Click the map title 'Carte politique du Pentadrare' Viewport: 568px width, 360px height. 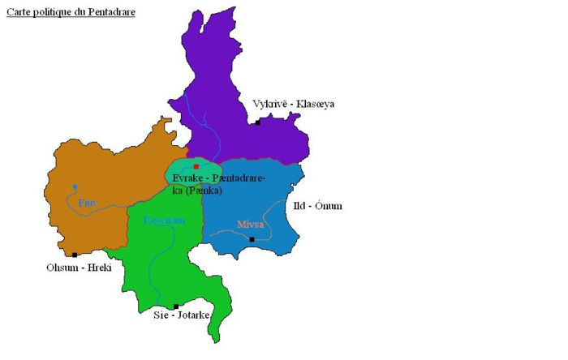[71, 12]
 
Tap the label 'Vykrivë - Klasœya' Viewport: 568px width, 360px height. [293, 104]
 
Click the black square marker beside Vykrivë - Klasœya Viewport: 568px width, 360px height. [258, 122]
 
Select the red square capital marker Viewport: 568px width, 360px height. [196, 166]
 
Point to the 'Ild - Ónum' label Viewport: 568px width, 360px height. [317, 206]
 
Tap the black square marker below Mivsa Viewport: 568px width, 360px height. [252, 239]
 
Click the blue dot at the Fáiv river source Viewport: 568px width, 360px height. [75, 186]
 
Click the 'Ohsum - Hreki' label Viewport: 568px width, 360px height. [78, 268]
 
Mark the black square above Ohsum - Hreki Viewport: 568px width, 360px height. [75, 255]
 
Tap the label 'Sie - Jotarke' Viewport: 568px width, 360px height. [182, 315]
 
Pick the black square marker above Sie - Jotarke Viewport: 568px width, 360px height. [176, 306]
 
